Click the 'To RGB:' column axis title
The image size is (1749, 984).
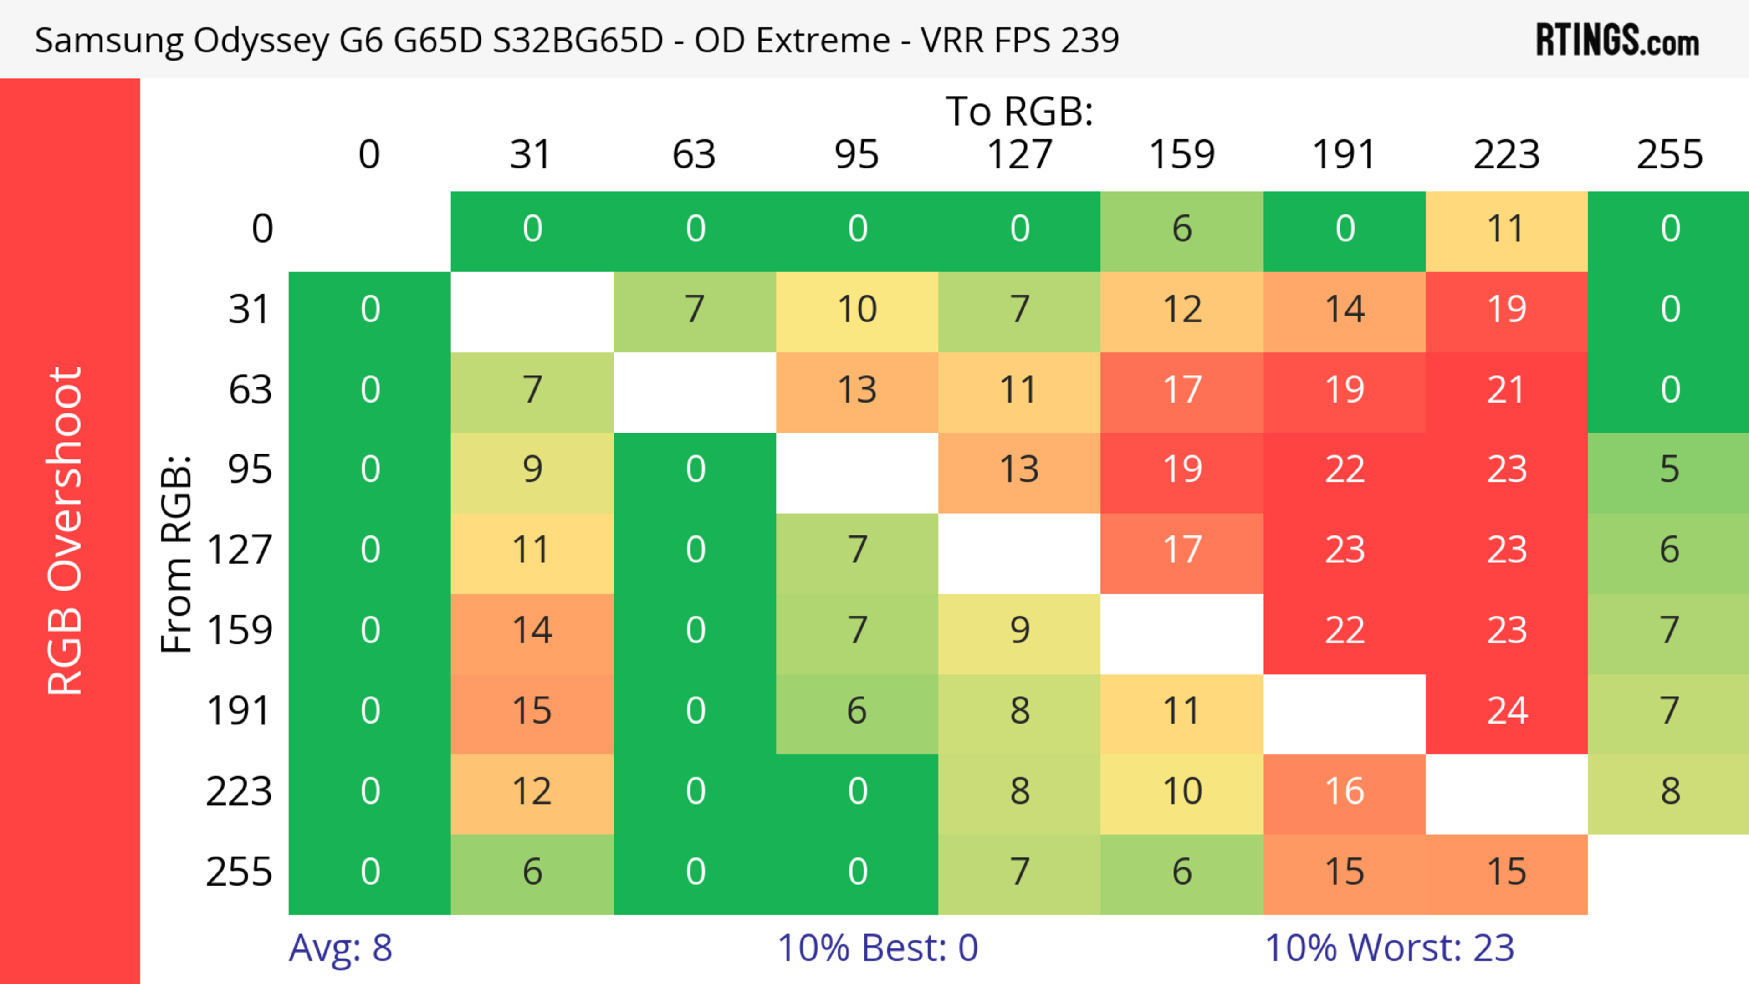(1019, 111)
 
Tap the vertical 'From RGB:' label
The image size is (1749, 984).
(177, 554)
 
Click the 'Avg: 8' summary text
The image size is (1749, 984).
(340, 948)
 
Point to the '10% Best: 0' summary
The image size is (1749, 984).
(877, 948)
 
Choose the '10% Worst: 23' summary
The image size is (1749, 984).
(1389, 948)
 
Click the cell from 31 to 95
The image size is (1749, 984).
(857, 310)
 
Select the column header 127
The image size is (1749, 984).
(1019, 155)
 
